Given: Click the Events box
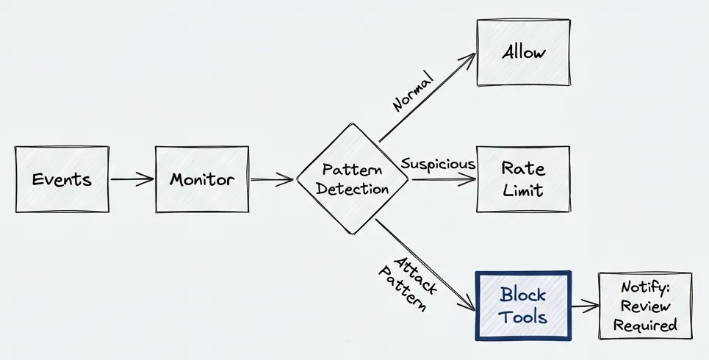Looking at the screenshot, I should tap(62, 179).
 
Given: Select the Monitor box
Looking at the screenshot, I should tap(202, 179).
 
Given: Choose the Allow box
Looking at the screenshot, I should tap(523, 53).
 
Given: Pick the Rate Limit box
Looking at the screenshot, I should tap(523, 179).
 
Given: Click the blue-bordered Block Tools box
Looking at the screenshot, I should tap(523, 306).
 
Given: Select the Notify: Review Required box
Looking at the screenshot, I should tap(645, 306).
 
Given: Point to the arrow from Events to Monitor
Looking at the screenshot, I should tap(132, 179).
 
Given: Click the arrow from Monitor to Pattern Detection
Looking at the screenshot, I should tap(272, 179).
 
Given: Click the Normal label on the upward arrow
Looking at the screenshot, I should tap(414, 91).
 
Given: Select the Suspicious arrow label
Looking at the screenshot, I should tap(438, 164).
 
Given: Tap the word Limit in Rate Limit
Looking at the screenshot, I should tap(523, 191).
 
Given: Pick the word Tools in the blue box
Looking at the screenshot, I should tap(523, 317).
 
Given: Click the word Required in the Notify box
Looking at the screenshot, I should tap(645, 324).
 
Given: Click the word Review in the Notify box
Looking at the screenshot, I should tap(645, 306).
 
